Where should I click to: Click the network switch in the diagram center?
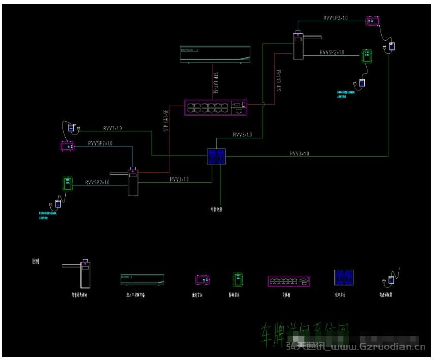(216, 107)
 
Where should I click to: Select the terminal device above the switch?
(215, 54)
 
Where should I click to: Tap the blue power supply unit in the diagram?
(217, 156)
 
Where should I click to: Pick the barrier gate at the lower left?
(132, 182)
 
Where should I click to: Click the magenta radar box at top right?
(373, 21)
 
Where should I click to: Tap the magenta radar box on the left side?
(67, 147)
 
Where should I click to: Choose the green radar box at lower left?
(66, 183)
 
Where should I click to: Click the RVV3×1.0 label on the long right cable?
(299, 153)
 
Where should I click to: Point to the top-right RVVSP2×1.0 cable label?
(336, 18)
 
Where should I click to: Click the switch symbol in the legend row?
(289, 281)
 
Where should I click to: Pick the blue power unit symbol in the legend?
(343, 278)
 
